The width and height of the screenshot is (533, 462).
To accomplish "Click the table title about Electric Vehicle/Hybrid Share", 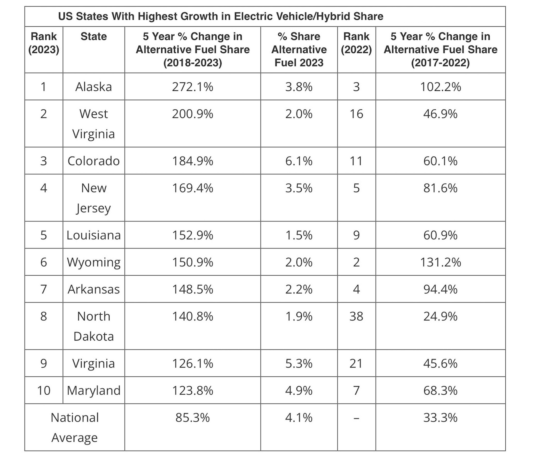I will point(221,16).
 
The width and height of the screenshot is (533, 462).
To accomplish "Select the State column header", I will point(94,36).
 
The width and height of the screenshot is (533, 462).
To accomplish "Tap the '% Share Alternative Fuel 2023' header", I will point(299,49).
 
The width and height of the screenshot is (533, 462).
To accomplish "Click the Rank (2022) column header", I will point(356,43).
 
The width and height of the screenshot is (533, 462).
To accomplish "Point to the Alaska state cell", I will point(94,87).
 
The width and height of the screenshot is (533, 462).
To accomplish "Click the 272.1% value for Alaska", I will point(193,87).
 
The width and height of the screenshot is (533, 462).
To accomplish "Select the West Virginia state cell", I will point(94,124).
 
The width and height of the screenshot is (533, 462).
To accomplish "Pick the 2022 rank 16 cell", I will point(356,114).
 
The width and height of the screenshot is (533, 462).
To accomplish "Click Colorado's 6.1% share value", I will point(299,161).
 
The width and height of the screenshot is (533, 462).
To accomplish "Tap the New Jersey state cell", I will point(94,198).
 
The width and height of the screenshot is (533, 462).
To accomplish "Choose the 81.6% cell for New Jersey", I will point(440,188).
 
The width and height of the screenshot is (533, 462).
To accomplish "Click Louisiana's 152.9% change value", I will point(193,235).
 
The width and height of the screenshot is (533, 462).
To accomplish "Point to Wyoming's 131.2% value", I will point(440,262).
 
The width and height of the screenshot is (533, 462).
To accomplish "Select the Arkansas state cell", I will point(94,289).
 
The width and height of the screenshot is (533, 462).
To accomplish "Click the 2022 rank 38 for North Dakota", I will point(356,316).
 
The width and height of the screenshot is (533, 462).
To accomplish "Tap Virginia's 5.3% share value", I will point(299,364).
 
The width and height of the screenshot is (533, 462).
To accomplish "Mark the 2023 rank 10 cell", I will point(44,390).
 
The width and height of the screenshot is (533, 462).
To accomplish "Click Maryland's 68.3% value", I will point(440,390).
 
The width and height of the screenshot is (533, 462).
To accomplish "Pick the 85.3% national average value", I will point(193,418).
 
